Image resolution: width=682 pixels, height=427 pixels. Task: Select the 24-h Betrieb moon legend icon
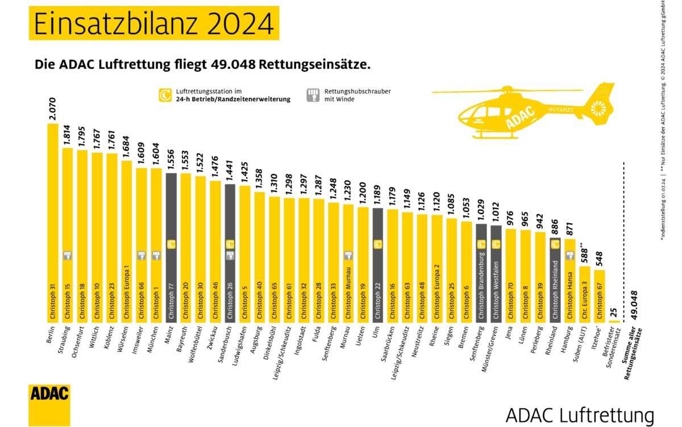(165, 95)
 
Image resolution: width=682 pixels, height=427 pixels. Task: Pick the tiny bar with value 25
(614, 321)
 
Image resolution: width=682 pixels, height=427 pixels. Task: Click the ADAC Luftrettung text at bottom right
(579, 414)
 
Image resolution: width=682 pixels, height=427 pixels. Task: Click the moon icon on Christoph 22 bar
(377, 244)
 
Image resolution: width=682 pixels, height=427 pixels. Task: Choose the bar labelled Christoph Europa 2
(436, 268)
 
